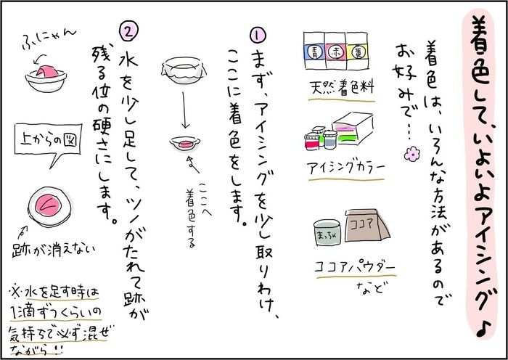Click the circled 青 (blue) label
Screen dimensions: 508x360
pos(314,52)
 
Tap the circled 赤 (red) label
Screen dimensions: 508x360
pos(335,52)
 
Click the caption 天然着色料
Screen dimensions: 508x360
pos(342,89)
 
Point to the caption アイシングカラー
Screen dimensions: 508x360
pos(345,168)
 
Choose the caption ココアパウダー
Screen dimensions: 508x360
pos(356,269)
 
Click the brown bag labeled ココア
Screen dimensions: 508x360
pos(366,225)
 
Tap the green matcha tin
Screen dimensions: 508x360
pos(327,232)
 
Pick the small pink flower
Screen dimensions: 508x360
pos(411,154)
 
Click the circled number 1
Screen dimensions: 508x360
pos(258,35)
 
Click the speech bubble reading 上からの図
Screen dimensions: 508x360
pos(49,143)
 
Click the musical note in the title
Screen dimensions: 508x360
pos(484,327)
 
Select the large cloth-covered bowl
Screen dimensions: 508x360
pos(184,70)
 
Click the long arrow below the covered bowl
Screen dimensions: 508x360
pos(184,110)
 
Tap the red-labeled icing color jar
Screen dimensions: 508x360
pos(312,142)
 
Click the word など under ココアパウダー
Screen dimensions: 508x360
pos(369,287)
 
